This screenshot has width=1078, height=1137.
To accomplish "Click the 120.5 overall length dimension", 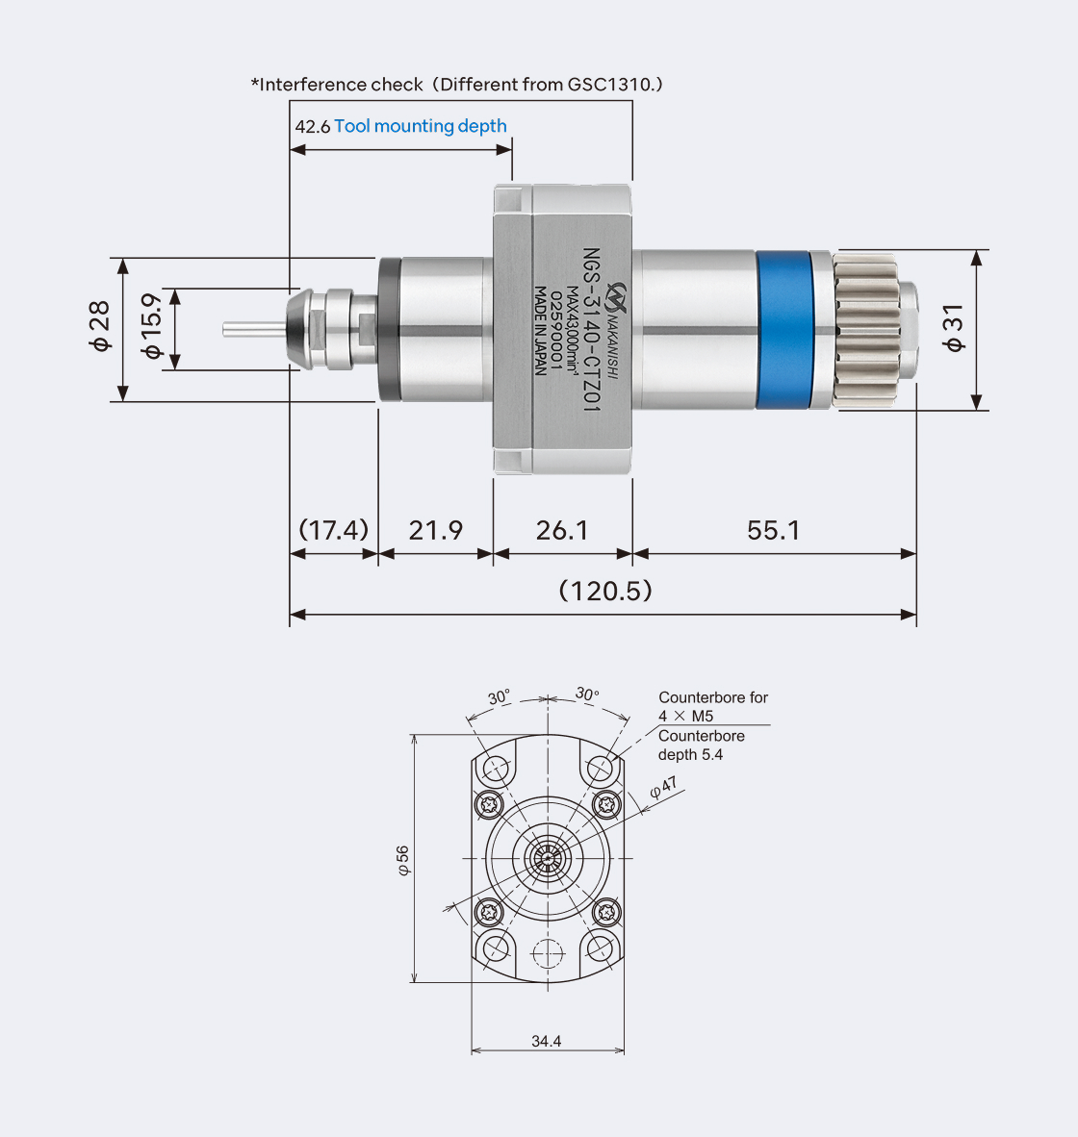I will pos(605,590).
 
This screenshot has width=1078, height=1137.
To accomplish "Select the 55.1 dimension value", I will pos(773,530).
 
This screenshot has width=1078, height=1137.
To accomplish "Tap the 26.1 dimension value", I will pos(562,530).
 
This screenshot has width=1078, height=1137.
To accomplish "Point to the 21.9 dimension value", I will pos(435,530).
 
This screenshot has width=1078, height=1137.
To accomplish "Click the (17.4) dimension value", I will pos(333,530).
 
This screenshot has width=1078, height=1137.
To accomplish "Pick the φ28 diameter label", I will pos(100,328).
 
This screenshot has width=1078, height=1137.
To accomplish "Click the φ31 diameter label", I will pos(953,328).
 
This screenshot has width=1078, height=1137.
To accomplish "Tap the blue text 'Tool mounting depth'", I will pos(421,126).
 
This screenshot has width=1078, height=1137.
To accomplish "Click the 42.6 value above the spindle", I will pos(312,127).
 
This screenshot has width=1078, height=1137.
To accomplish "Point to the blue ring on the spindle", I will pos(783,329).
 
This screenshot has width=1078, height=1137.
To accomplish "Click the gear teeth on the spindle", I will pos(864,329).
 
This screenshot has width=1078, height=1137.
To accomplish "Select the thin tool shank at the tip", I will pos(252,328).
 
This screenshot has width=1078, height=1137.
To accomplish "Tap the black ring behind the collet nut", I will pos(388,329).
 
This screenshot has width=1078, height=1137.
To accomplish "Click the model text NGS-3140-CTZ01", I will pos(592,331).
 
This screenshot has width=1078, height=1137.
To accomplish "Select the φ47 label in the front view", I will pos(663,789).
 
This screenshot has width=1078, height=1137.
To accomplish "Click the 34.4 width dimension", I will pos(546,1041).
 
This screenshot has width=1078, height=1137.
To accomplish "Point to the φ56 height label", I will pos(403,860).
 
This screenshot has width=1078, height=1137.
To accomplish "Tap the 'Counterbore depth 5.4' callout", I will pos(701,745).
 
